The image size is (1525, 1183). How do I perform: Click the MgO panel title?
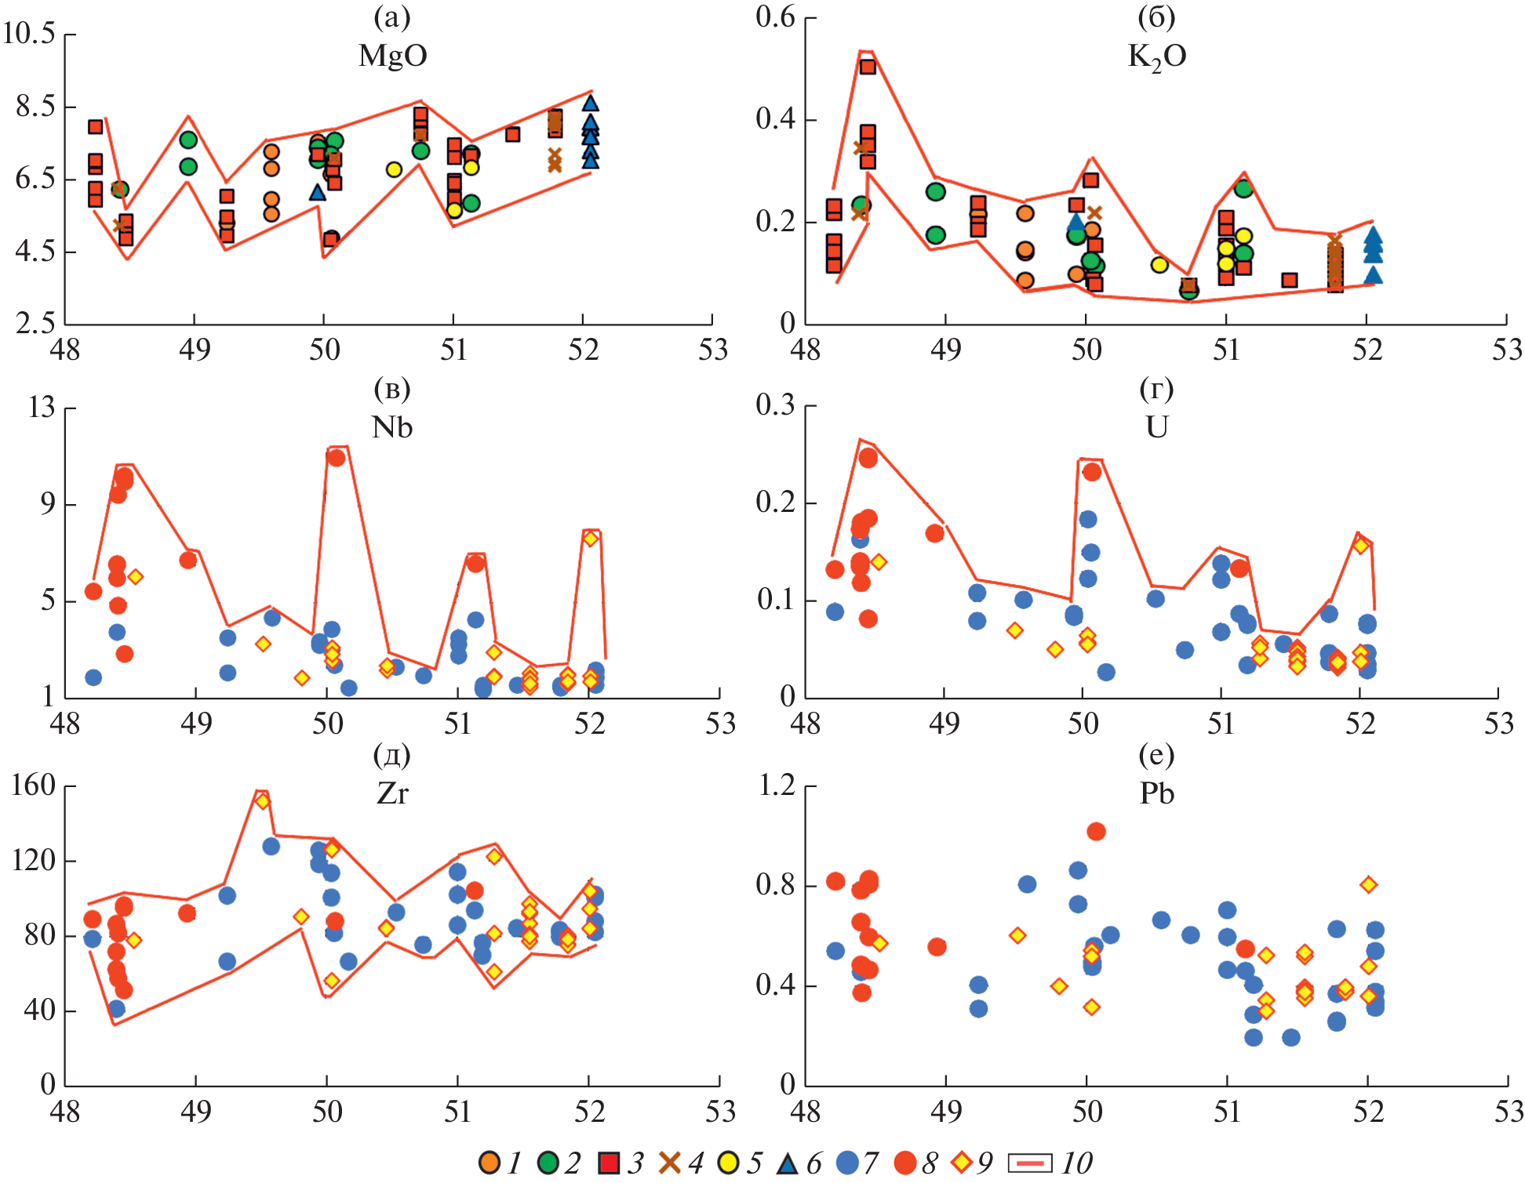[392, 56]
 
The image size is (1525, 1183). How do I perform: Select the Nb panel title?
[391, 427]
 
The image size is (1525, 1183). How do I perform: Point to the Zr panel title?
[392, 793]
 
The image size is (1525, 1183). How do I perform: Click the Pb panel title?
[1156, 793]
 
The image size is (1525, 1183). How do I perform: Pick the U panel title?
[1156, 427]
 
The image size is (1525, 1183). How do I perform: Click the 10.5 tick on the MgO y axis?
[29, 34]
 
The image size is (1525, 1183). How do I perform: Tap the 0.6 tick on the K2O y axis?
[775, 17]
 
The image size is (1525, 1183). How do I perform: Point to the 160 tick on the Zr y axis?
[33, 786]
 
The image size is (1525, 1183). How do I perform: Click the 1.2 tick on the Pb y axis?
[777, 785]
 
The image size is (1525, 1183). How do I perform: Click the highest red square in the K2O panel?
[868, 67]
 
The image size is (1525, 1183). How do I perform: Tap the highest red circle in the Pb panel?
[1096, 831]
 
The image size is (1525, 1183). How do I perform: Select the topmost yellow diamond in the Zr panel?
[263, 800]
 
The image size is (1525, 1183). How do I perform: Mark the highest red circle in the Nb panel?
[337, 458]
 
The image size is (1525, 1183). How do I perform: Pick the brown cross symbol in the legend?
[670, 1163]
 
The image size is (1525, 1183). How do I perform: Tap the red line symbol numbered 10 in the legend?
[1029, 1163]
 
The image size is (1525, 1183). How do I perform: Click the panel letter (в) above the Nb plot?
[391, 390]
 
